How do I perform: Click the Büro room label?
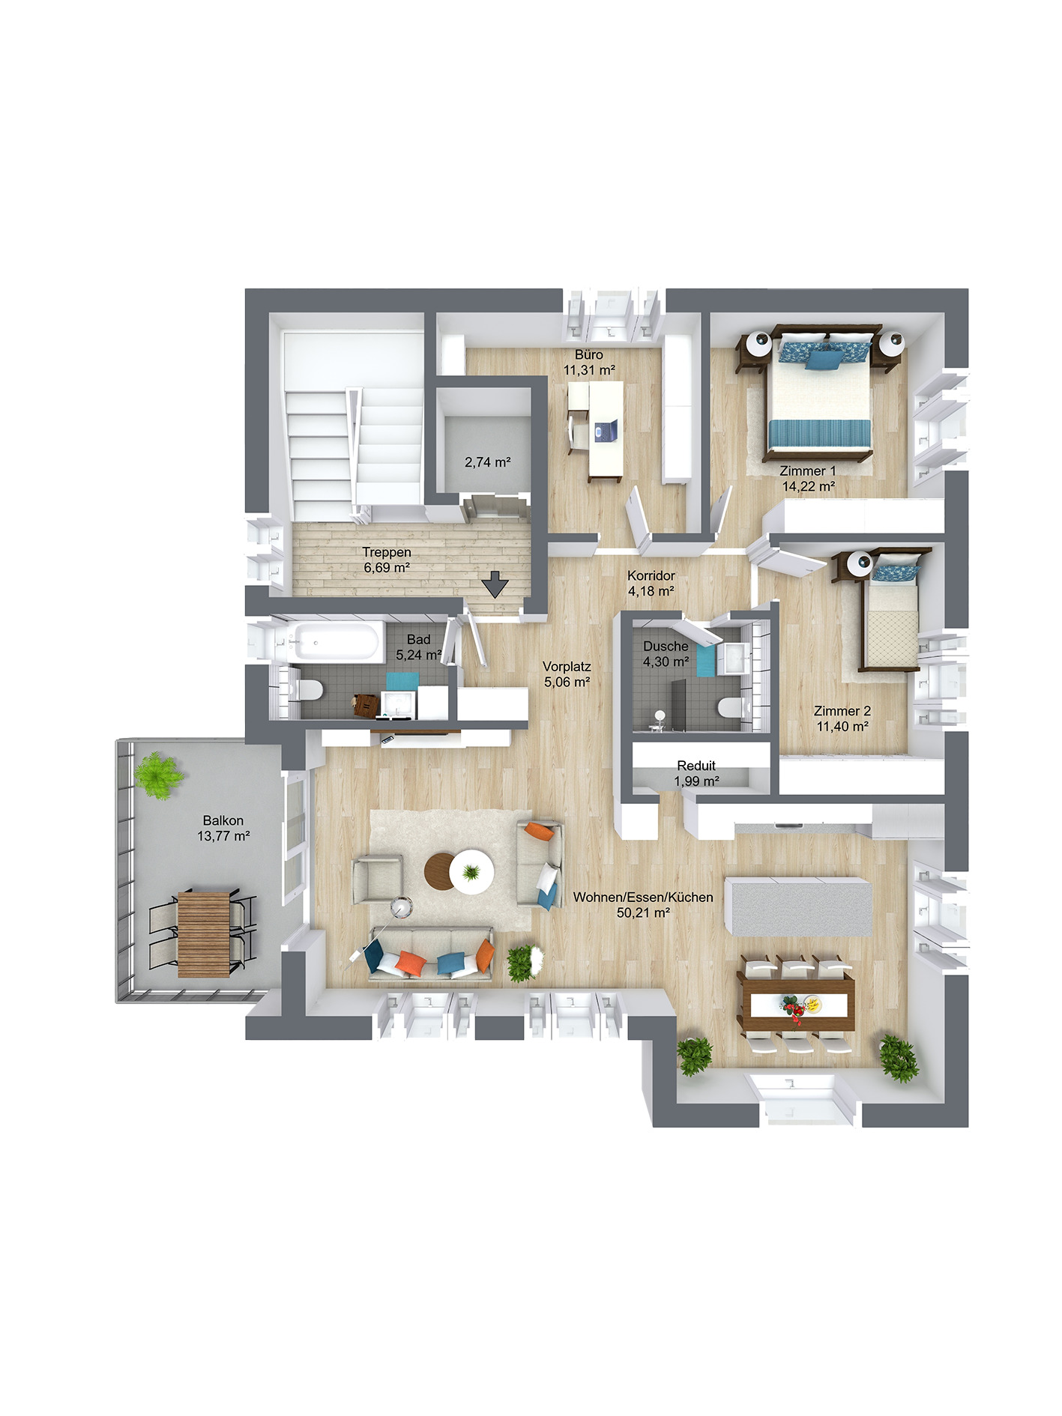pyautogui.click(x=588, y=354)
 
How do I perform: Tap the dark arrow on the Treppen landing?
pyautogui.click(x=495, y=584)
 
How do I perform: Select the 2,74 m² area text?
pyautogui.click(x=487, y=462)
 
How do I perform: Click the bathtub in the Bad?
pyautogui.click(x=336, y=642)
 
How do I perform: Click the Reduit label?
pyautogui.click(x=696, y=766)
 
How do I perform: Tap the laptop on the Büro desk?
pyautogui.click(x=605, y=430)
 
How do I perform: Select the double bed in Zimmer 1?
pyautogui.click(x=819, y=401)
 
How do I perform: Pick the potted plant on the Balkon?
pyautogui.click(x=158, y=775)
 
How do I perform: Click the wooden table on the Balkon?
pyautogui.click(x=203, y=934)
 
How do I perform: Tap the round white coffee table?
pyautogui.click(x=472, y=871)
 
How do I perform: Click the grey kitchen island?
pyautogui.click(x=799, y=907)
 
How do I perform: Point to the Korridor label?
pyautogui.click(x=651, y=575)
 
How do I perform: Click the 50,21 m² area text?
pyautogui.click(x=642, y=913)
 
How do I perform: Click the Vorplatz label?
pyautogui.click(x=567, y=666)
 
